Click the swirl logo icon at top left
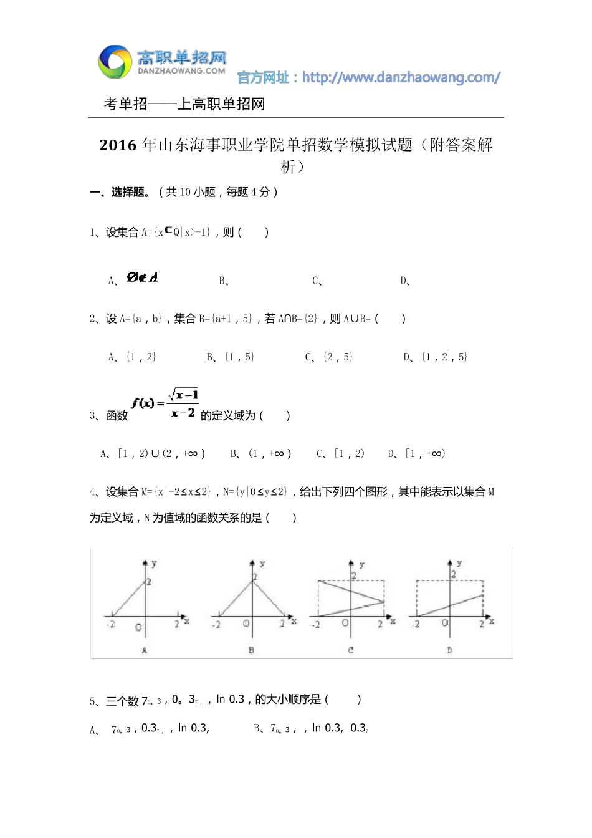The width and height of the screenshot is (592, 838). click(x=115, y=62)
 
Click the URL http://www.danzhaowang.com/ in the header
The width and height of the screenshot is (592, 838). click(x=401, y=78)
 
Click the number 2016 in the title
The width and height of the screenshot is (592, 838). click(x=118, y=145)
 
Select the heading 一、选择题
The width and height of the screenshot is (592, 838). click(x=120, y=192)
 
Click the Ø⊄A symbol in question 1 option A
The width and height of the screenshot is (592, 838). click(x=142, y=277)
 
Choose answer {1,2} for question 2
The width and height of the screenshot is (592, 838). click(x=141, y=357)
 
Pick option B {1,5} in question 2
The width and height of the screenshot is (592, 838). click(x=239, y=357)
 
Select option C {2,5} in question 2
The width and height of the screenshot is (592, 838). click(x=338, y=357)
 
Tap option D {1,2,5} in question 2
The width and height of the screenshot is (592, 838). click(x=444, y=357)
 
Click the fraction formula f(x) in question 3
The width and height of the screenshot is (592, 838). click(x=165, y=403)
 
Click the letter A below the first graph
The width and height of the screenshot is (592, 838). click(x=145, y=650)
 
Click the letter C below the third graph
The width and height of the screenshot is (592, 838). click(x=351, y=650)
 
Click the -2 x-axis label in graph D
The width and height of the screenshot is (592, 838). click(x=415, y=624)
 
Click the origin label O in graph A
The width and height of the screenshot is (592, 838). click(x=138, y=627)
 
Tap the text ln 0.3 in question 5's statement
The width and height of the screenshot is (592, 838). click(x=230, y=700)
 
